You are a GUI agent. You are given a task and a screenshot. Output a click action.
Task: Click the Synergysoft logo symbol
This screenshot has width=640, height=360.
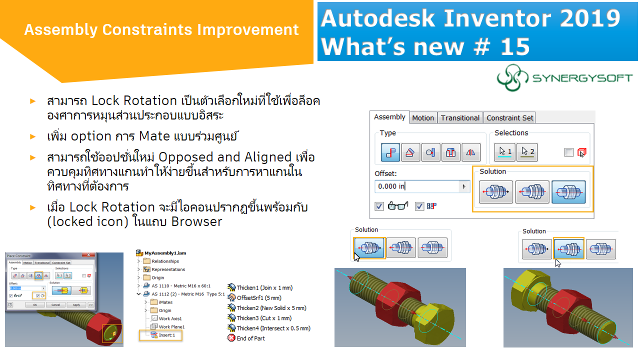click(x=512, y=78)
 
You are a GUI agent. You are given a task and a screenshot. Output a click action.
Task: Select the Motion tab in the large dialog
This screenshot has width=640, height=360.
click(x=422, y=118)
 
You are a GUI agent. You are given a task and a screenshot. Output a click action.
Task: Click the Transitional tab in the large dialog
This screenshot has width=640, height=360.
click(x=460, y=118)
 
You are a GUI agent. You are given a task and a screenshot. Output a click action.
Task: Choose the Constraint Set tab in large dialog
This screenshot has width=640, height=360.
click(x=510, y=118)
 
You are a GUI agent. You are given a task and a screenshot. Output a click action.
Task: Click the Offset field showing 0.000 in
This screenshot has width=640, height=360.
click(x=417, y=186)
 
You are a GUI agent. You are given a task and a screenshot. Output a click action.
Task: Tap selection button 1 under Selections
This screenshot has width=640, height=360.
click(x=505, y=152)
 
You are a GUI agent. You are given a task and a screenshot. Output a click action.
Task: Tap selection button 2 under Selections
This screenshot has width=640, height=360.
click(x=526, y=152)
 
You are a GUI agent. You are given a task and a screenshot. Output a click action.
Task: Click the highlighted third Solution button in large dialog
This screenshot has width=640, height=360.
click(x=568, y=192)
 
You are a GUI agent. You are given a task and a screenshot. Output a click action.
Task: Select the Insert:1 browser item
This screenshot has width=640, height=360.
click(x=167, y=335)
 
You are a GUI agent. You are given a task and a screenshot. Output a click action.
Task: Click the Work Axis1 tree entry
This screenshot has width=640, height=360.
click(x=170, y=318)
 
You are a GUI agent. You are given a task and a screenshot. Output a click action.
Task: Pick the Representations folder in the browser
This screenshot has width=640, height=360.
click(x=168, y=269)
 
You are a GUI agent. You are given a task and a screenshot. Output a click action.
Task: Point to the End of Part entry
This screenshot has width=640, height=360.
click(x=251, y=338)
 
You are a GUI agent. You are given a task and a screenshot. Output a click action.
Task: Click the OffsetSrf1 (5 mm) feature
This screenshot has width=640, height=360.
click(x=259, y=298)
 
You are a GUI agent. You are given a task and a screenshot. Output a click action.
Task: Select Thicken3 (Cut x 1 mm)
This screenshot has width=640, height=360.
click(x=264, y=318)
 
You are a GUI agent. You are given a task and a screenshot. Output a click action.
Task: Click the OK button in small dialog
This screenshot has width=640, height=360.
click(x=34, y=304)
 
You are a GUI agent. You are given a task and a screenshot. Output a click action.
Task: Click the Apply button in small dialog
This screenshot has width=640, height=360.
click(x=76, y=304)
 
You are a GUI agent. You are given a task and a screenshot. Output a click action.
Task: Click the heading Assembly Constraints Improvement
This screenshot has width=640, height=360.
click(x=161, y=30)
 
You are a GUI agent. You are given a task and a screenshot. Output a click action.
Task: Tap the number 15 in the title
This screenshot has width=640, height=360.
click(x=514, y=46)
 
